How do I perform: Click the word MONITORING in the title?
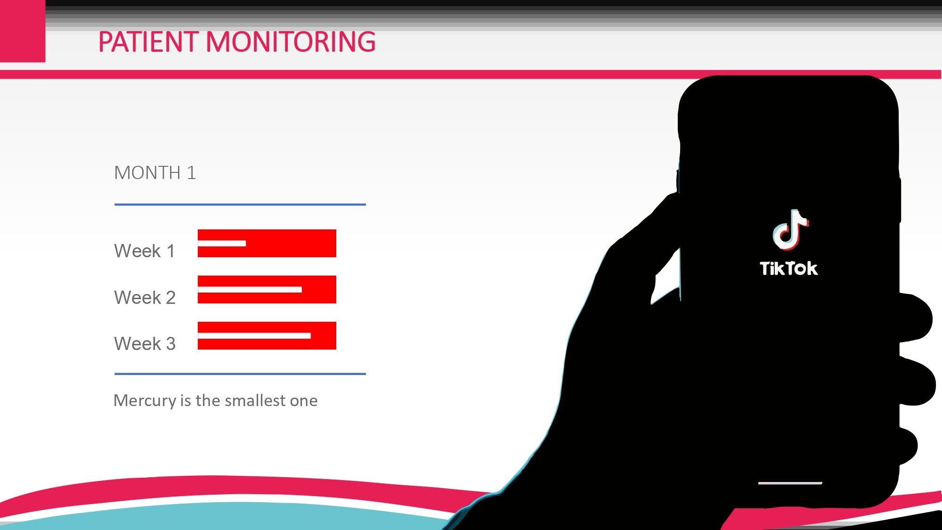[x=291, y=42]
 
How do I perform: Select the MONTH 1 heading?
[x=155, y=173]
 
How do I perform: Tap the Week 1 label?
[x=145, y=251]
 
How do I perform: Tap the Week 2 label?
[x=145, y=298]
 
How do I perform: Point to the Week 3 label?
[x=145, y=344]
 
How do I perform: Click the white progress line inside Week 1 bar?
[x=222, y=244]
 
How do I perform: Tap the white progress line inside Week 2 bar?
[x=250, y=290]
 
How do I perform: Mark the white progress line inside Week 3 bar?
[x=254, y=336]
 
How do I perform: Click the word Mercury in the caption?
[x=145, y=401]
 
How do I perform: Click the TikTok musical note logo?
[x=790, y=229]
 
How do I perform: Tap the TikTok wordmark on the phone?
[x=789, y=269]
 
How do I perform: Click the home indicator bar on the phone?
[x=790, y=483]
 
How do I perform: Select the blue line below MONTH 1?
[x=240, y=204]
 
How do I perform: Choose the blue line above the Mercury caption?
[x=240, y=374]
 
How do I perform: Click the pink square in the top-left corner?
[x=23, y=31]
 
